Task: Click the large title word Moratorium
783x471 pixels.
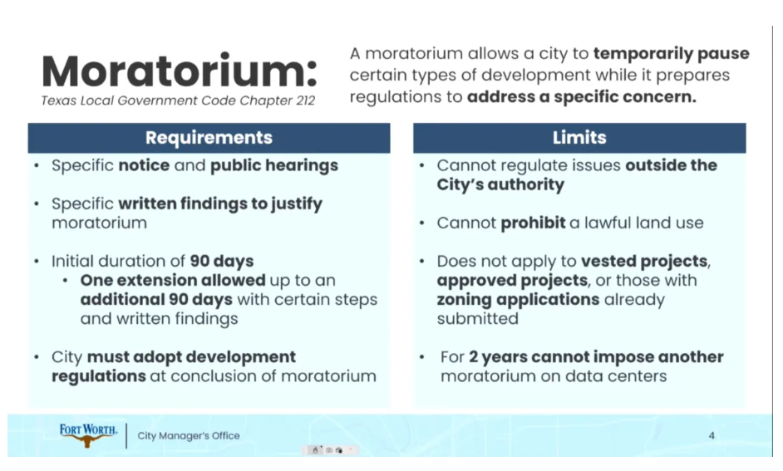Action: (x=180, y=71)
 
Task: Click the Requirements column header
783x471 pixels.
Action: (x=209, y=138)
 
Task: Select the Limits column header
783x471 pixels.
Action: (x=579, y=138)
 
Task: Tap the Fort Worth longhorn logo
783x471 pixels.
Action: (x=88, y=435)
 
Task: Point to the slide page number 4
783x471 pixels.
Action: (x=712, y=435)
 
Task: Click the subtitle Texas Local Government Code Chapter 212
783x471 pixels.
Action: (x=178, y=101)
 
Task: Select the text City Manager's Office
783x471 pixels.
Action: (x=188, y=435)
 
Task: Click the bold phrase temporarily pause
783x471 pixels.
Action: (x=671, y=54)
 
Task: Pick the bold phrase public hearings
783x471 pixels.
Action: (x=274, y=165)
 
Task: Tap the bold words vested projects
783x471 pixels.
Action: (x=644, y=262)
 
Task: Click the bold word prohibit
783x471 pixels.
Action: (x=533, y=223)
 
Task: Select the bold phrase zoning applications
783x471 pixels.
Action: (x=518, y=300)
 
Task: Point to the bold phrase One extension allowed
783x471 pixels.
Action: (x=173, y=281)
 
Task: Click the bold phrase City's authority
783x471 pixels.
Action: (x=500, y=184)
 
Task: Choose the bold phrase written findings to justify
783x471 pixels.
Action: (x=220, y=204)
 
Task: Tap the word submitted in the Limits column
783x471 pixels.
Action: (x=477, y=319)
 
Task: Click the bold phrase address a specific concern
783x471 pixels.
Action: (x=581, y=97)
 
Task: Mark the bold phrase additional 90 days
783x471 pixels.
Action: (x=156, y=300)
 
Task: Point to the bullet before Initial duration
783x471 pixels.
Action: (x=37, y=262)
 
